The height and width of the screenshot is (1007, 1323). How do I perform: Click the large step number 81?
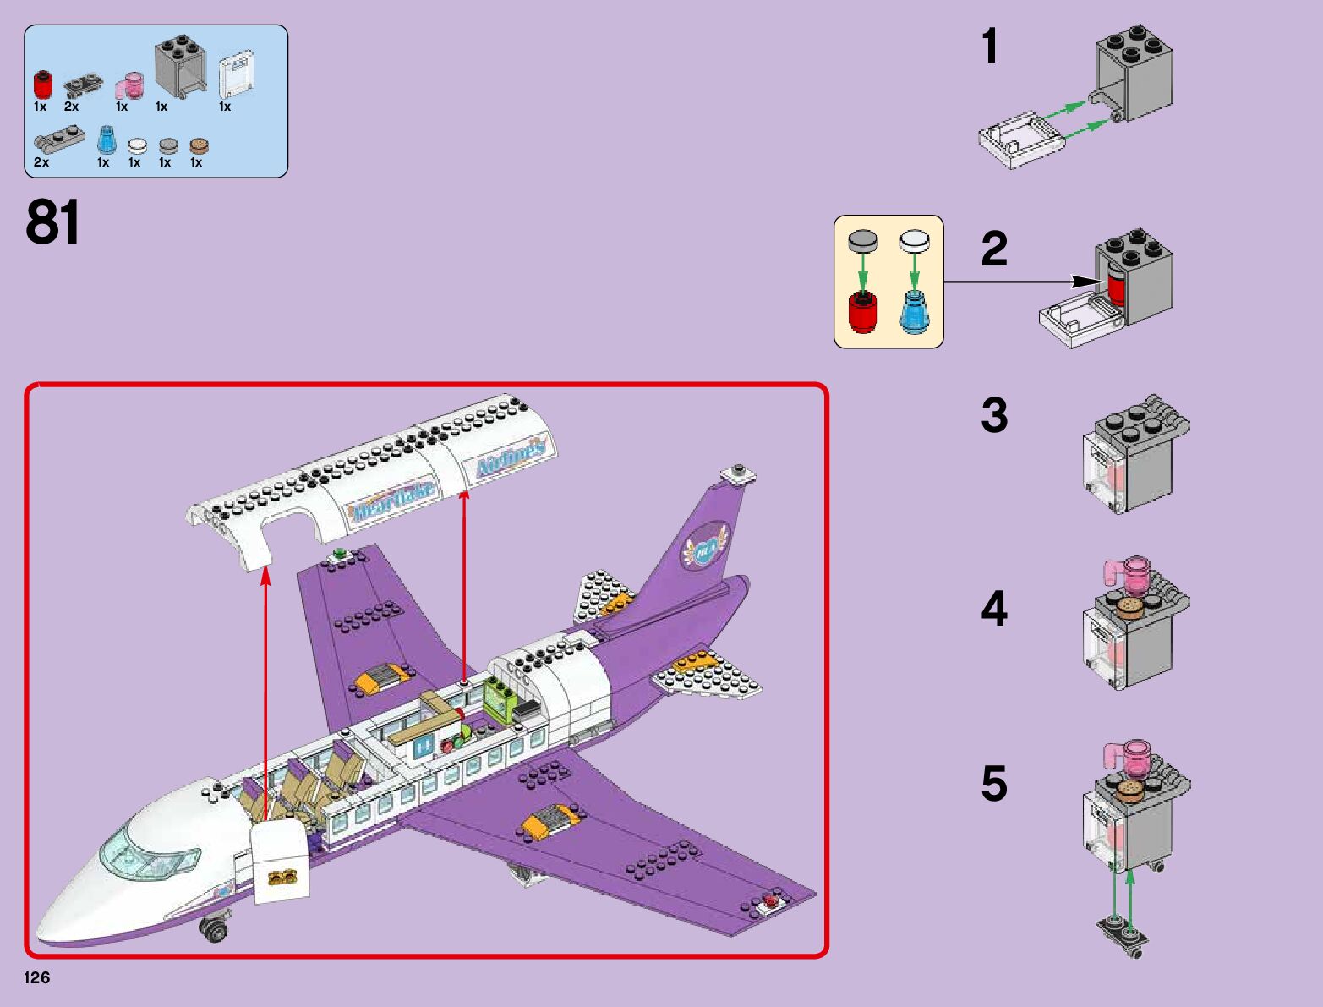53,222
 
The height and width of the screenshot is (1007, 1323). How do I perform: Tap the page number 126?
37,978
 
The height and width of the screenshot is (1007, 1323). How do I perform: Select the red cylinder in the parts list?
42,85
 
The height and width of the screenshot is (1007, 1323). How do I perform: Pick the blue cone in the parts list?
105,140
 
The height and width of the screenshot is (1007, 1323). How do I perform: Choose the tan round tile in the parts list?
198,146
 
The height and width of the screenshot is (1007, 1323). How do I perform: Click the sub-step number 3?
994,416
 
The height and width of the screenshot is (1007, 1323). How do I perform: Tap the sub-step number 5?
994,784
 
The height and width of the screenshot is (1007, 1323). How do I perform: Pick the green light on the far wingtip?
341,555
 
